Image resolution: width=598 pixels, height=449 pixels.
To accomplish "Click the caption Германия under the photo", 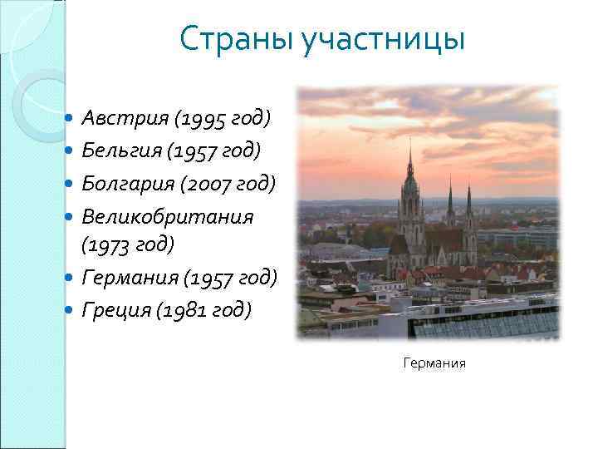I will pyautogui.click(x=434, y=363).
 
